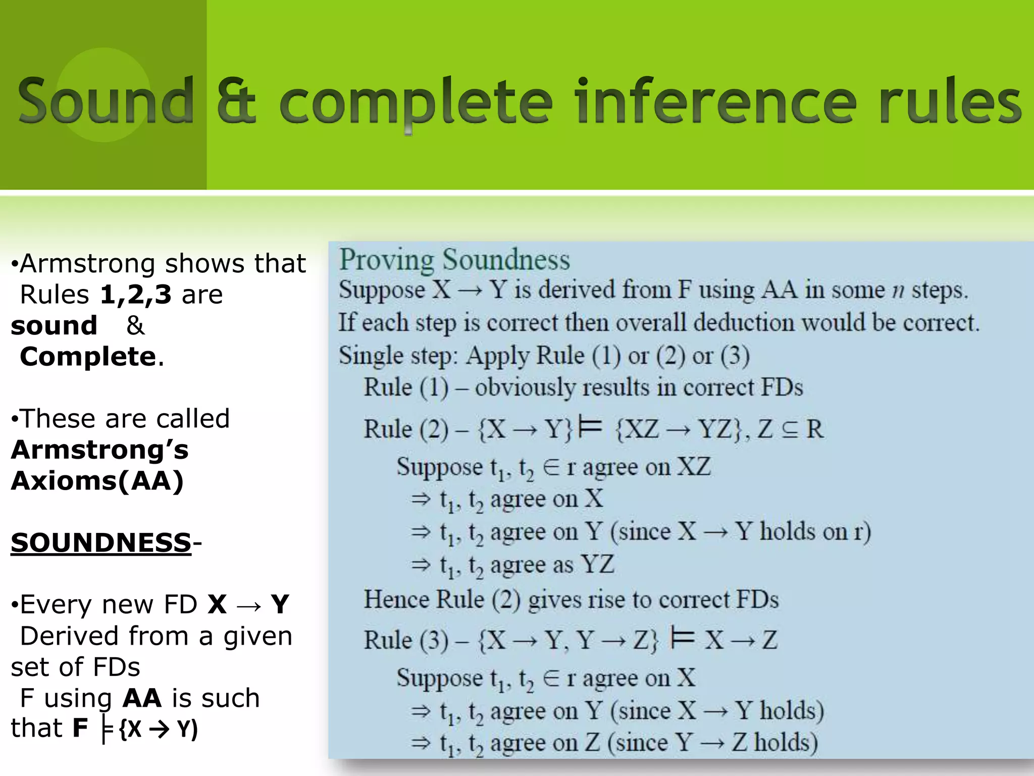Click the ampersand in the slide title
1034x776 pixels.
(x=236, y=101)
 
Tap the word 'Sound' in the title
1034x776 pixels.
(x=106, y=101)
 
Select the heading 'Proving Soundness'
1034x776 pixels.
(x=454, y=260)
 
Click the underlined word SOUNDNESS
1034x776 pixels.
(x=101, y=543)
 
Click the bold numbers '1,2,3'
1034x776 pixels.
(x=136, y=295)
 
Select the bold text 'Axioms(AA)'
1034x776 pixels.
(x=97, y=480)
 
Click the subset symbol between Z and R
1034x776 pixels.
(x=789, y=429)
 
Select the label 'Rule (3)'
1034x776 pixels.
(x=406, y=641)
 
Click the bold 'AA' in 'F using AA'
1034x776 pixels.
(x=142, y=698)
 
